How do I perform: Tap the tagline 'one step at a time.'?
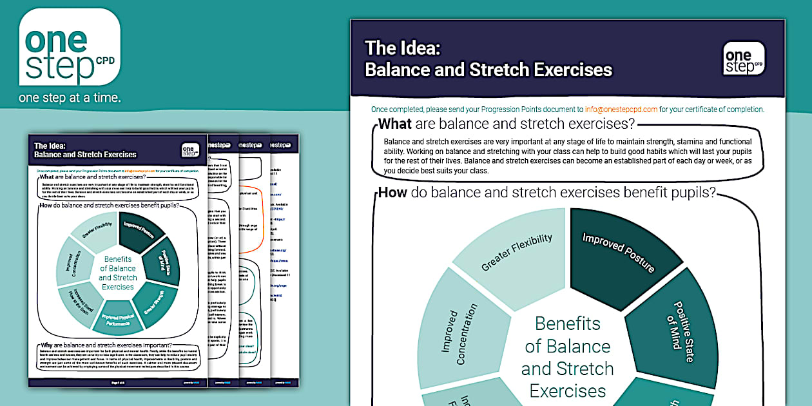70,99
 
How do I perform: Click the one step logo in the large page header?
744,59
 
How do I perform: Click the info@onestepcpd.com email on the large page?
621,109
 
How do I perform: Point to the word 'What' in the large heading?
396,124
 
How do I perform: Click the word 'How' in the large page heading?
393,192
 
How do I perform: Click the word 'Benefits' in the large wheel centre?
567,324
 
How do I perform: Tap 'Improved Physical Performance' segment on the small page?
118,316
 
